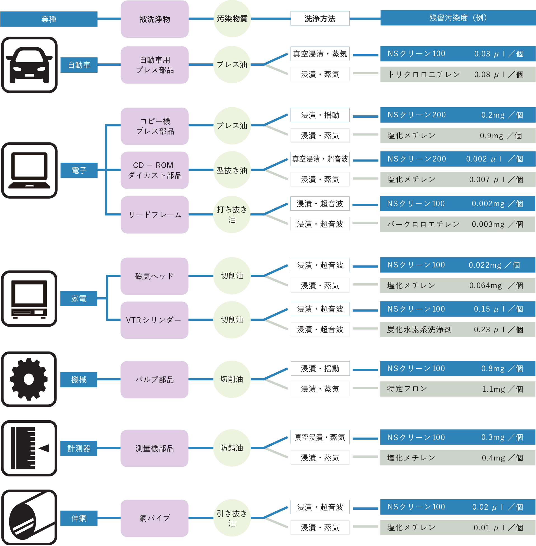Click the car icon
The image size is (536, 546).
pos(29,65)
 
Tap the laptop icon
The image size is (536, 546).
pos(29,170)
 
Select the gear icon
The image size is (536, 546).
pos(29,379)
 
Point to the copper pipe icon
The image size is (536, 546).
pos(29,517)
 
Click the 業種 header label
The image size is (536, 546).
pos(49,19)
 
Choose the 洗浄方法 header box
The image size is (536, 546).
pos(320,18)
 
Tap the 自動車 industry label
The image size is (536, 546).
pos(79,65)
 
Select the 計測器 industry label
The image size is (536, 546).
pos(79,448)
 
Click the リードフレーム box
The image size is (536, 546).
pos(154,215)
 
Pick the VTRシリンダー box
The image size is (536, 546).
pos(154,320)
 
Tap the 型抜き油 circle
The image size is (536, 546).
pos(232,170)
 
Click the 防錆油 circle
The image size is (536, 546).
pos(232,448)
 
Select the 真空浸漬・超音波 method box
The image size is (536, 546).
pos(320,159)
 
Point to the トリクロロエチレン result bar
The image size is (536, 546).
pos(457,74)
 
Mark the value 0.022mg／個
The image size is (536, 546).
pos(494,265)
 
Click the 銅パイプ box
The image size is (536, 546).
pos(154,518)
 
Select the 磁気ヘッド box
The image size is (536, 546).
pos(154,276)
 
